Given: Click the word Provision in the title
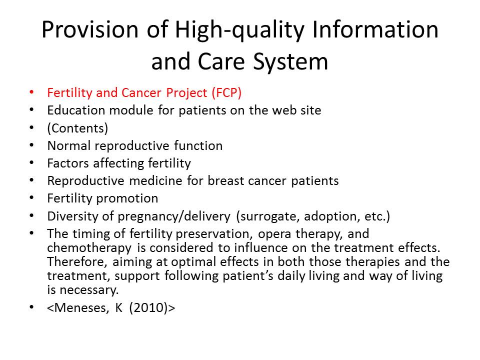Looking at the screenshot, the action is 90,29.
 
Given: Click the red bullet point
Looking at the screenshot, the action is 31,92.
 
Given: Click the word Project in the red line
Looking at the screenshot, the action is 186,93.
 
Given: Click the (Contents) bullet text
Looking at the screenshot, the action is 77,128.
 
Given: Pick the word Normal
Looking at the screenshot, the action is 69,145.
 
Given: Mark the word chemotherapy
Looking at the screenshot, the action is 89,248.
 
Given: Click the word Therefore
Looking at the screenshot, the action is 77,262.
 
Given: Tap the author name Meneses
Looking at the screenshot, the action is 81,308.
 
